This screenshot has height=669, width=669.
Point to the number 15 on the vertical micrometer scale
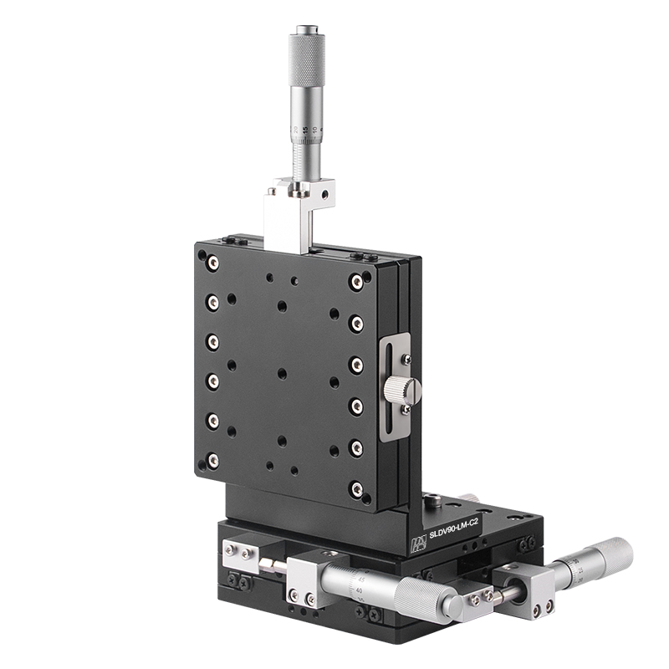coord(305,130)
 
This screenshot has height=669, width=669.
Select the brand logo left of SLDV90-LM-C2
coord(418,544)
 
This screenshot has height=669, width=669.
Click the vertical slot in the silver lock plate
coord(393,389)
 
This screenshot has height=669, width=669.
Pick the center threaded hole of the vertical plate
coord(282,374)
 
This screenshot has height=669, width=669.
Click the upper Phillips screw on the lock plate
coord(406,360)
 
